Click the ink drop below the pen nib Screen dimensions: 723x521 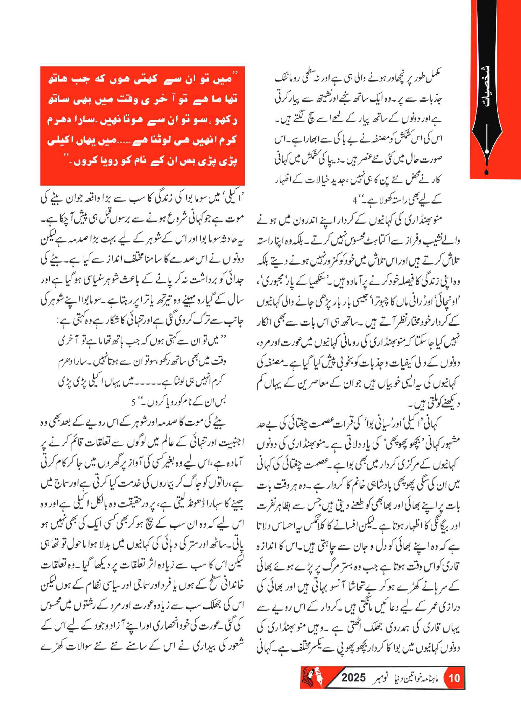tap(486, 172)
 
